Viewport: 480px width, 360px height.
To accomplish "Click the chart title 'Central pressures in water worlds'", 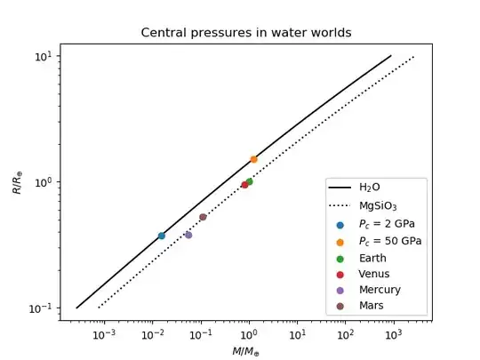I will click(x=246, y=33).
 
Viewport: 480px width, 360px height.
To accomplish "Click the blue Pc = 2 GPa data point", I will click(x=161, y=236).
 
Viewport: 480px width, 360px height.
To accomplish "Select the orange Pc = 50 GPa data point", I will click(x=253, y=159).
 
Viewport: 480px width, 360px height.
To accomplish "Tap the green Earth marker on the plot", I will click(x=249, y=181).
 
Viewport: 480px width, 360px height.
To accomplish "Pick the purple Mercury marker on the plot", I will click(x=188, y=235).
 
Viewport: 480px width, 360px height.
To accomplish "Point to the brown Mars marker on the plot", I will click(x=203, y=217).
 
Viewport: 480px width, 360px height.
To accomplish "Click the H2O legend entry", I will click(x=370, y=188).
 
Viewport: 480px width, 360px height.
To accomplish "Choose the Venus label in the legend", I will click(x=373, y=273).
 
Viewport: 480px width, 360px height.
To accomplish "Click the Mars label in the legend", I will click(x=371, y=306).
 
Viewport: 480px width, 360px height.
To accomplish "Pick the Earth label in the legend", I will click(x=372, y=257).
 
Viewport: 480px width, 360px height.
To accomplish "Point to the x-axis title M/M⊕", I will click(x=246, y=351).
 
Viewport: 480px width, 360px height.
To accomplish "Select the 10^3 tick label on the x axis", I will click(x=391, y=334).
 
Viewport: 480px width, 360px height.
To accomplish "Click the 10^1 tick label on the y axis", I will click(x=44, y=56).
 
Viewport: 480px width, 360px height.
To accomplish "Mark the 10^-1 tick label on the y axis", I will click(x=43, y=308).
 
